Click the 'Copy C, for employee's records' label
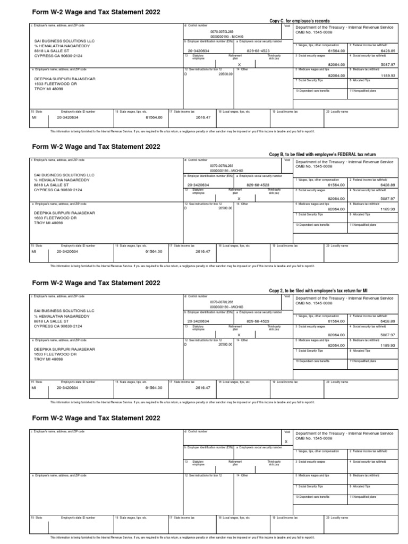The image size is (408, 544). pos(300,21)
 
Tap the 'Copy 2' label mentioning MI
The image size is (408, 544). pos(318,291)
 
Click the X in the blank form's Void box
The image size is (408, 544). pos(286,441)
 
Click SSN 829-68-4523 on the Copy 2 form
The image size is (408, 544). pos(258,321)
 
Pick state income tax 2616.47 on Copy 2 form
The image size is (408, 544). pos(203,388)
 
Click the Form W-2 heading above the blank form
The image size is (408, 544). pos(96,418)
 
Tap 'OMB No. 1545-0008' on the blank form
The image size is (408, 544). pos(314,438)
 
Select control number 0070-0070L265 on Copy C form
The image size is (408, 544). pos(222,31)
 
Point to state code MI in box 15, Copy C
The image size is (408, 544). pos(35,117)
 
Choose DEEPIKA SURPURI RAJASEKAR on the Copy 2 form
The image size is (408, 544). pos(64,349)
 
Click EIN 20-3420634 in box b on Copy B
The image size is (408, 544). pos(198,185)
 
